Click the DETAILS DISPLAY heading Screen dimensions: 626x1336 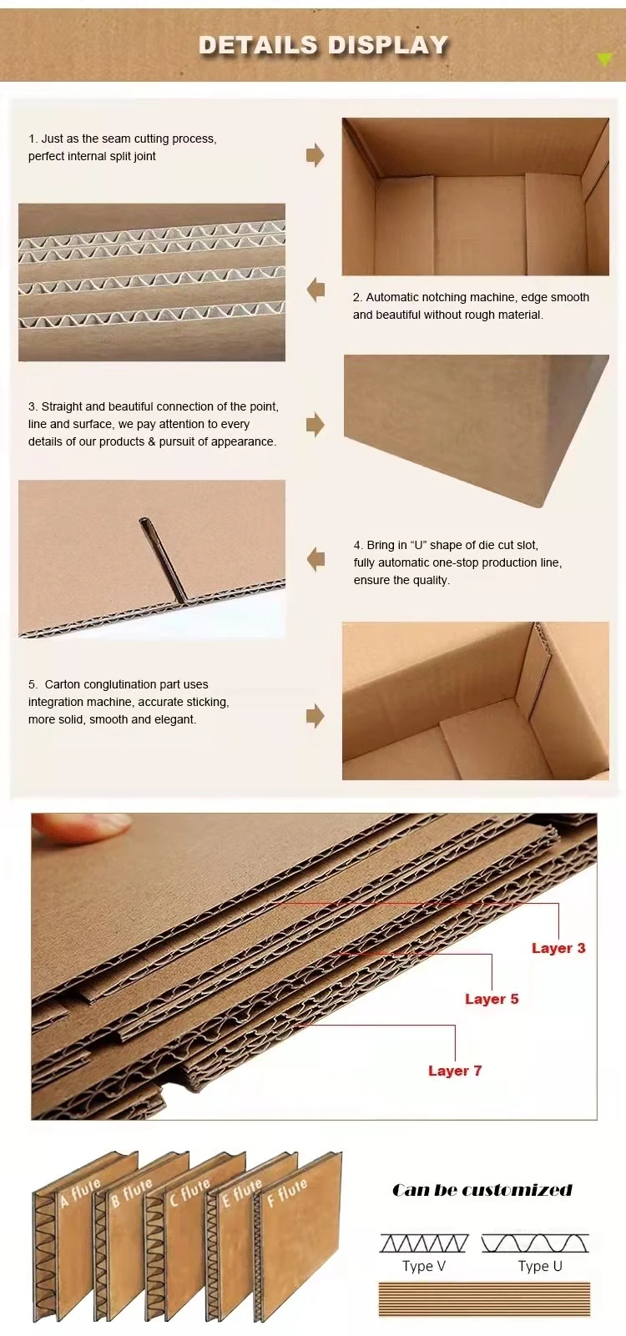pos(323,45)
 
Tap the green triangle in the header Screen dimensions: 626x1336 pos(604,59)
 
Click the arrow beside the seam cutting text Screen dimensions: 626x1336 pos(316,154)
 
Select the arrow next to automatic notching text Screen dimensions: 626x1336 pos(316,290)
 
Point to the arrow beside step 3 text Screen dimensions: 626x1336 pos(316,424)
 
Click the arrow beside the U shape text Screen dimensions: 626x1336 pos(316,559)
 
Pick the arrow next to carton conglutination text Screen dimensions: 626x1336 pos(316,716)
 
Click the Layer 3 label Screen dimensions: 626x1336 pos(558,948)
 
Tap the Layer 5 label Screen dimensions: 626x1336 pos(492,999)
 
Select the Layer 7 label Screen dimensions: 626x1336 pos(455,1071)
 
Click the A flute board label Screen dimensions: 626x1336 pos(80,1193)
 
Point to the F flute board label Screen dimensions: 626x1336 pos(287,1192)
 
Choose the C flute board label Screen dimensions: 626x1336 pos(189,1192)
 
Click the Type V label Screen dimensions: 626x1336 pos(424,1266)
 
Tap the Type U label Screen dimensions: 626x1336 pos(540,1266)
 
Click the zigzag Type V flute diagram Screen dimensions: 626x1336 pos(424,1243)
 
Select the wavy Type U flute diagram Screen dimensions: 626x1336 pos(535,1243)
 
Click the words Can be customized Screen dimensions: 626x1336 pos(482,1191)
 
